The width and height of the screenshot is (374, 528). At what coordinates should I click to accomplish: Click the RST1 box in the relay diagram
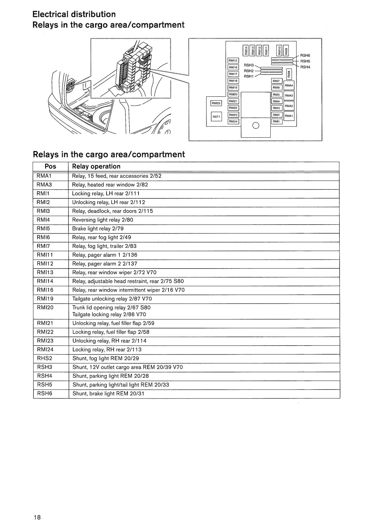pyautogui.click(x=216, y=116)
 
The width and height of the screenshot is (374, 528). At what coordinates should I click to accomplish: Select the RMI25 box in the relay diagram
pyautogui.click(x=216, y=103)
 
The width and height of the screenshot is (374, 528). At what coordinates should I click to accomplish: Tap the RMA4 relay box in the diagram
pyautogui.click(x=289, y=85)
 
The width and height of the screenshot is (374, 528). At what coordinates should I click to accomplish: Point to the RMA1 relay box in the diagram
pyautogui.click(x=289, y=116)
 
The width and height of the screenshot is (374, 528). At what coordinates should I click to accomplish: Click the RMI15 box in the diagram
pyautogui.click(x=233, y=61)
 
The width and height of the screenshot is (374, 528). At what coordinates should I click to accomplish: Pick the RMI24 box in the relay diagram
pyautogui.click(x=233, y=122)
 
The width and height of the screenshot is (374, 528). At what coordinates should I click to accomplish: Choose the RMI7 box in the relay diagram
pyautogui.click(x=276, y=81)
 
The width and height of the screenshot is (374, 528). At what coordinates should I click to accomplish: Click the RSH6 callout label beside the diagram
pyautogui.click(x=305, y=55)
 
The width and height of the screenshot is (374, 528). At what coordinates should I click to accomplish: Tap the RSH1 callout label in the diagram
pyautogui.click(x=249, y=76)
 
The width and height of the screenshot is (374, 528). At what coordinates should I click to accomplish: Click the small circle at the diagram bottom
pyautogui.click(x=255, y=126)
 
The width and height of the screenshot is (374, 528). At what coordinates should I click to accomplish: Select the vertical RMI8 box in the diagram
pyautogui.click(x=289, y=73)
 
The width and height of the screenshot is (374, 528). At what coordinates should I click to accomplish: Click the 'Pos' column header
pyautogui.click(x=50, y=166)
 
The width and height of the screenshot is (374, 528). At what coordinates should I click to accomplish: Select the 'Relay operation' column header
pyautogui.click(x=96, y=166)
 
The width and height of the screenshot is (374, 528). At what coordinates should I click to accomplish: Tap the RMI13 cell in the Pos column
pyautogui.click(x=45, y=272)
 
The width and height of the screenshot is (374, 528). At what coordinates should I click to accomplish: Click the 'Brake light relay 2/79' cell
pyautogui.click(x=98, y=228)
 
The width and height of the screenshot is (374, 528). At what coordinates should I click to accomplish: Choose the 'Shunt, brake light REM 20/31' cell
pyautogui.click(x=108, y=393)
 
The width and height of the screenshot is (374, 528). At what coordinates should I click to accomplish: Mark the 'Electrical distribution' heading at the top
pyautogui.click(x=74, y=14)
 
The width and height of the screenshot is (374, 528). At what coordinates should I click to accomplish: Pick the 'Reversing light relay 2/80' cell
pyautogui.click(x=103, y=220)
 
